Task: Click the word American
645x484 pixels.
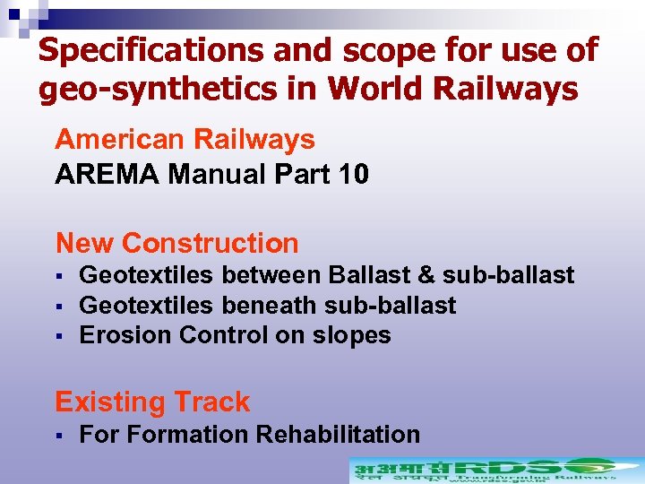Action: (x=118, y=140)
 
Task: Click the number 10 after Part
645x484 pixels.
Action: (x=350, y=174)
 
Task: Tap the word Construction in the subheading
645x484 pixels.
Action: (x=211, y=243)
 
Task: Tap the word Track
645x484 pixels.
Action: (x=211, y=402)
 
